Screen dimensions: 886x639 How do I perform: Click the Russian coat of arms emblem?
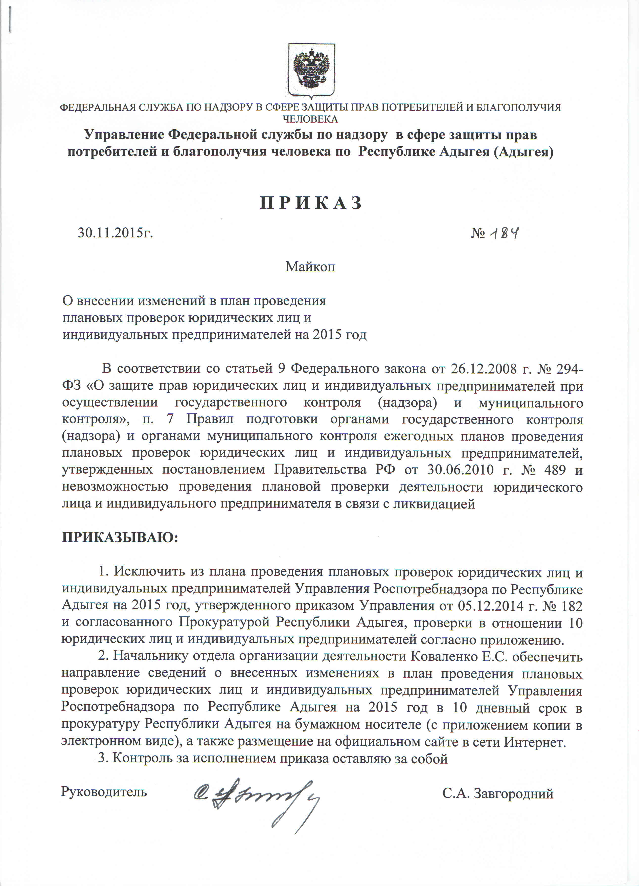(311, 70)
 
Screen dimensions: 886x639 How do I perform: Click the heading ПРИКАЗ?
(311, 203)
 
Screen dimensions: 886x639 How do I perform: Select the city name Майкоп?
(310, 267)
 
